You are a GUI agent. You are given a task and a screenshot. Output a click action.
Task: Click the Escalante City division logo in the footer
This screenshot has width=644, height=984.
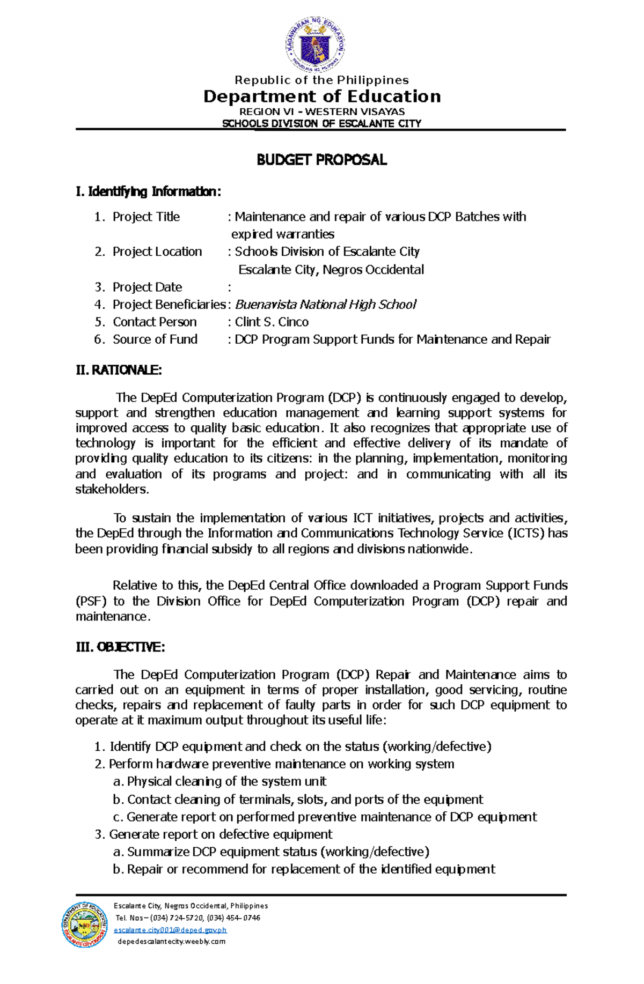(x=84, y=924)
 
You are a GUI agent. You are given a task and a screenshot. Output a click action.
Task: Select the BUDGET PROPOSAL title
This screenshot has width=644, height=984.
(x=321, y=160)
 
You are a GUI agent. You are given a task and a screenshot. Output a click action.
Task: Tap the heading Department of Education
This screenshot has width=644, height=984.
(x=322, y=97)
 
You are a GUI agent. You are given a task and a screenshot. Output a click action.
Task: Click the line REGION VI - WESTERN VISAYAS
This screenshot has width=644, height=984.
(x=322, y=112)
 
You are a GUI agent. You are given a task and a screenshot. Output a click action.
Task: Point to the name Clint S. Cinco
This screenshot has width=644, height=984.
(x=272, y=322)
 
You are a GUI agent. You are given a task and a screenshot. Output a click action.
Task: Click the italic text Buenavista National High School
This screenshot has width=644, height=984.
(x=326, y=305)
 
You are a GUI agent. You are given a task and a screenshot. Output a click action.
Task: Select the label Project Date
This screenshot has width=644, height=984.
(x=147, y=287)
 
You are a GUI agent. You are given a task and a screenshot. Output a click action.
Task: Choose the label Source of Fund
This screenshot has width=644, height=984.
(x=155, y=339)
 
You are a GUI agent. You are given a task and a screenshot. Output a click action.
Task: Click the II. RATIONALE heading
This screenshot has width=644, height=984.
(x=119, y=370)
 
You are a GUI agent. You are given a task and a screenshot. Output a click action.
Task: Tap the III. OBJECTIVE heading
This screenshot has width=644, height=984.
(x=120, y=647)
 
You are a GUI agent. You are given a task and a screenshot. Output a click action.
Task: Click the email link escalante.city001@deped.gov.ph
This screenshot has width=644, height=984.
(x=170, y=930)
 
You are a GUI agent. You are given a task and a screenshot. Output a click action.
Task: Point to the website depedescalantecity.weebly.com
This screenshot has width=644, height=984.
(x=171, y=942)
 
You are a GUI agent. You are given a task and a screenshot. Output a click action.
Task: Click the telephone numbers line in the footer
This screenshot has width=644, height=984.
(x=188, y=918)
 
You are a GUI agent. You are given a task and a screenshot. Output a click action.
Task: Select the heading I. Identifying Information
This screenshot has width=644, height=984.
(x=149, y=191)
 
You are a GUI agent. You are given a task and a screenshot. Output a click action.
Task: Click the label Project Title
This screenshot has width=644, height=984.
(x=146, y=217)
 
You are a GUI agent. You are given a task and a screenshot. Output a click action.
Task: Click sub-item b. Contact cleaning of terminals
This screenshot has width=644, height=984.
(x=298, y=800)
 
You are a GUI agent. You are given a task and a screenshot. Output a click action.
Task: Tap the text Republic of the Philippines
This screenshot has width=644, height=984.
(x=322, y=80)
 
